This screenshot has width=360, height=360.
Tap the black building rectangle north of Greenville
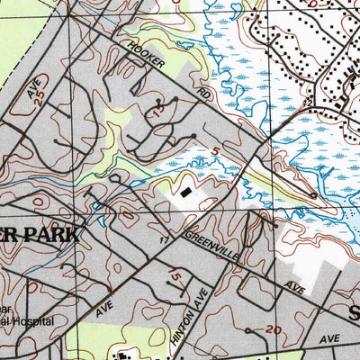click(185, 192)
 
